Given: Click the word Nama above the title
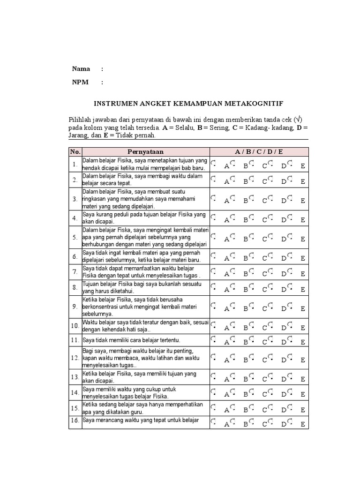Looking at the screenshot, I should (x=81, y=69).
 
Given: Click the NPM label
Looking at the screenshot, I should (x=81, y=82).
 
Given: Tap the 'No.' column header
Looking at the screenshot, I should (x=75, y=151).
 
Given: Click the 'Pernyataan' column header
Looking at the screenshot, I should (x=145, y=151).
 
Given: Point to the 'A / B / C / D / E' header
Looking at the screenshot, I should (x=259, y=151).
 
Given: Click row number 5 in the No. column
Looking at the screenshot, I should (x=75, y=237).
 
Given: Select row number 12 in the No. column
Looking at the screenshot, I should (x=75, y=359).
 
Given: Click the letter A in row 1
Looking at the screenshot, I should (x=226, y=166).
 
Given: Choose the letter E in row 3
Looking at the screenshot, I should (x=303, y=201).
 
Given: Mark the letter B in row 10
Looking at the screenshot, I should (x=245, y=328).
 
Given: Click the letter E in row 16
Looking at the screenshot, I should (x=303, y=425).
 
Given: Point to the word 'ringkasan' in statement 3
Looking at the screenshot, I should (x=95, y=199).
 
